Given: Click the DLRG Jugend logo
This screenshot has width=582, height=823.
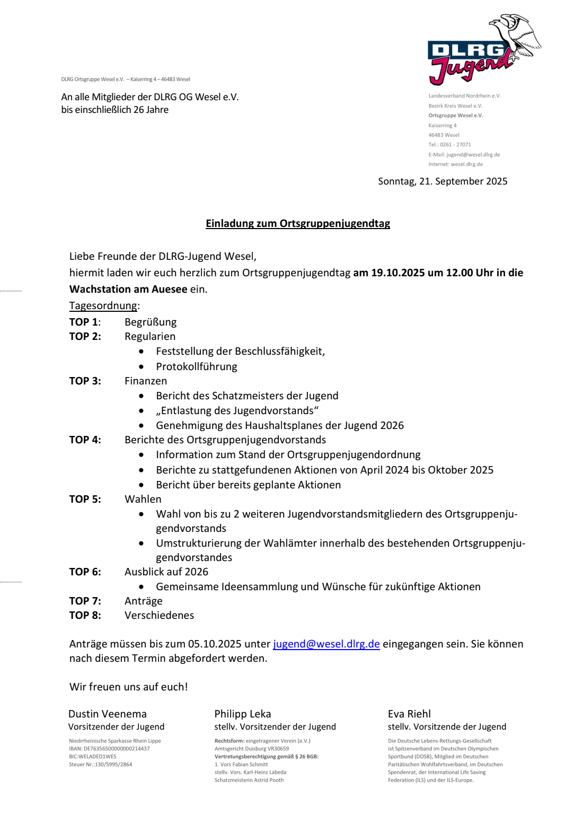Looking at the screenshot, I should (x=483, y=51).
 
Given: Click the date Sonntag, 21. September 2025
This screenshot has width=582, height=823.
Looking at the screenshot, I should (x=443, y=181).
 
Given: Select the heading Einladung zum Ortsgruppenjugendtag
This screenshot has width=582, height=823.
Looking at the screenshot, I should (x=297, y=223).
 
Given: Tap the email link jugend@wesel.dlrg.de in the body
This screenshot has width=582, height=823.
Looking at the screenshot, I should (x=326, y=644).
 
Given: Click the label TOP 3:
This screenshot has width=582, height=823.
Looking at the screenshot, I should (x=85, y=381).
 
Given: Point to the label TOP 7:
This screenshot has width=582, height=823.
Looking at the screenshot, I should (x=85, y=601).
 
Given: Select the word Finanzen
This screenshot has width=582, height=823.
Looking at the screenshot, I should (x=146, y=381).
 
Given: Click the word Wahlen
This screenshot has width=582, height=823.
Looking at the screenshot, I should (x=143, y=499).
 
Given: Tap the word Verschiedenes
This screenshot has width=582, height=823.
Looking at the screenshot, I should (x=159, y=615).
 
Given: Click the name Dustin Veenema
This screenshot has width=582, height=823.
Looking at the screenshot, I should (x=107, y=714).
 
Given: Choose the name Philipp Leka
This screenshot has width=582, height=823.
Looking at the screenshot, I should (x=242, y=714).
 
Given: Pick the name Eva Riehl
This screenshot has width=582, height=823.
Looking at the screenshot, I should (x=409, y=714).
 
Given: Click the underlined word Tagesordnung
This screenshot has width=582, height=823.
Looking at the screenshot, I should (x=103, y=305).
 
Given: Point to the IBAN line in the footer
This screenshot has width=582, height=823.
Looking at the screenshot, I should (x=109, y=749).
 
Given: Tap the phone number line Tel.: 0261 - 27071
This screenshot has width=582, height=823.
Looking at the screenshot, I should (x=449, y=144).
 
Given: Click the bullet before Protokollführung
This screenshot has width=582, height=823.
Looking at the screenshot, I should (x=141, y=366).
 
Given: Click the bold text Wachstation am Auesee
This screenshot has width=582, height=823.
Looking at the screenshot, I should (x=128, y=289).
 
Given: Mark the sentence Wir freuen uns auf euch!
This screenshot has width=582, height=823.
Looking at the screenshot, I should (x=128, y=687).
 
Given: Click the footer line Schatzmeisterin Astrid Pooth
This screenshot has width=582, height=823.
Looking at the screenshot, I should (x=249, y=780).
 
